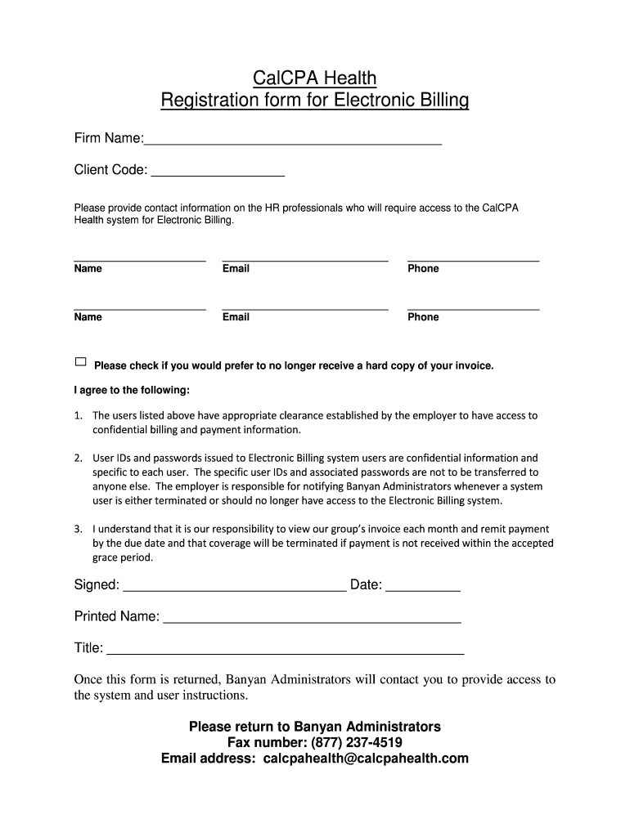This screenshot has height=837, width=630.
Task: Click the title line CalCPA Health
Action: tap(314, 78)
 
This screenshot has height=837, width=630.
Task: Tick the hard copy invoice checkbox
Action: tap(80, 362)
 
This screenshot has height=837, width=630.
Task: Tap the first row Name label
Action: tap(88, 269)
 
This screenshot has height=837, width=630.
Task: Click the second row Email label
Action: tap(236, 317)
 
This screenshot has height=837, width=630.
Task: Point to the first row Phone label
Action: tap(423, 269)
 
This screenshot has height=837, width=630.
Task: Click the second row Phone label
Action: tap(423, 317)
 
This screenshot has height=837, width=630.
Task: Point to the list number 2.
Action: tap(78, 459)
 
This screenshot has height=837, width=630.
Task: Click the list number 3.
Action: tap(78, 529)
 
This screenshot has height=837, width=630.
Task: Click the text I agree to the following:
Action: tap(132, 390)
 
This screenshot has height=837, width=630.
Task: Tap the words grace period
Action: tap(123, 558)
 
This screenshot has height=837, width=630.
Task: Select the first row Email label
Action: tap(236, 269)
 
